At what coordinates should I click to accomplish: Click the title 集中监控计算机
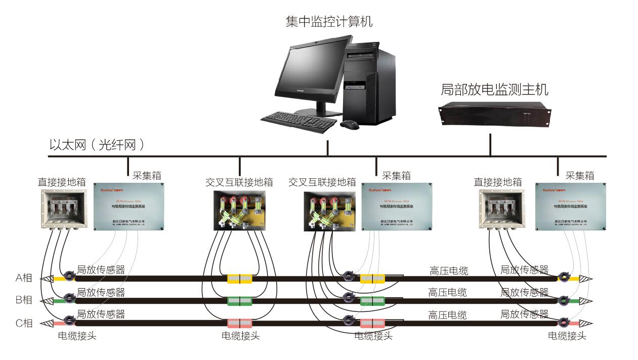pyautogui.click(x=329, y=22)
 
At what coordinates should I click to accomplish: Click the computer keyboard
pyautogui.click(x=299, y=122)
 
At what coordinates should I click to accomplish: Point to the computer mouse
pyautogui.click(x=350, y=124)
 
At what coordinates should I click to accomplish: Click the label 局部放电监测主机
pyautogui.click(x=494, y=90)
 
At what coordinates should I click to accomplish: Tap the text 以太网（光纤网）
pyautogui.click(x=97, y=145)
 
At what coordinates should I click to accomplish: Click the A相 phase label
pyautogui.click(x=24, y=277)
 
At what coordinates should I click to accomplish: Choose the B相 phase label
pyautogui.click(x=24, y=300)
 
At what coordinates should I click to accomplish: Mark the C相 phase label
pyautogui.click(x=24, y=323)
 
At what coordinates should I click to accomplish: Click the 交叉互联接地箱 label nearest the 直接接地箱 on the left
pyautogui.click(x=239, y=182)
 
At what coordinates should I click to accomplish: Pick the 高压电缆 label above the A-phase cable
pyautogui.click(x=448, y=270)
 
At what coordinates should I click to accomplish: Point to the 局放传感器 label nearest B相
pyautogui.click(x=101, y=292)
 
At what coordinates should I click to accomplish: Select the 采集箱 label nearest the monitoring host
pyautogui.click(x=579, y=176)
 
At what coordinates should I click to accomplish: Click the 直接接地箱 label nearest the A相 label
pyautogui.click(x=61, y=182)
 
